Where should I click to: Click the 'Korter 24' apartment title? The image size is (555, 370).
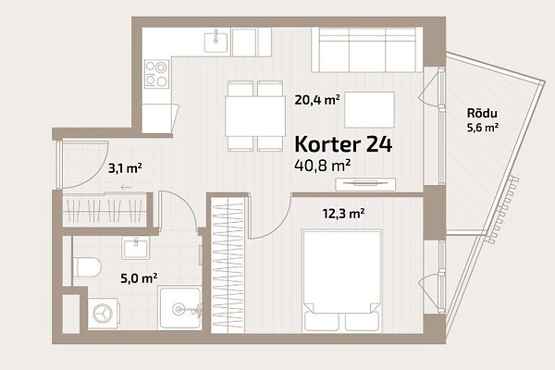pos(343,144)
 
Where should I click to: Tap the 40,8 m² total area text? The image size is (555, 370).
pos(323,166)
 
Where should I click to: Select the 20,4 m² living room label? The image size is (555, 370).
pos(317,100)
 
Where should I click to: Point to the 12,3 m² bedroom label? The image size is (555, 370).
pos(343,214)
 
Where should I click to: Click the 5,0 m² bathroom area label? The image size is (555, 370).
pos(139,278)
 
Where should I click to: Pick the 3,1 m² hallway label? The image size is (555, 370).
pos(125,168)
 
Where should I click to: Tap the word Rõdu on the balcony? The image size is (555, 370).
pos(482,113)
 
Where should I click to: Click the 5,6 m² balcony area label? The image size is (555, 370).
pos(483,128)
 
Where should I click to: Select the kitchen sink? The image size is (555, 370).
pos(216,41)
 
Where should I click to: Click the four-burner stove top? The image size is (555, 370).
pos(156,74)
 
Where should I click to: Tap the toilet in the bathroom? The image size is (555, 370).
pos(87,267)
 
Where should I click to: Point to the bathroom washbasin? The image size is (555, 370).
pos(136,248)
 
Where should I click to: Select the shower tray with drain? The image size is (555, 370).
pos(180,308)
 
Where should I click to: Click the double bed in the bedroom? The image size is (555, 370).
pos(342,281)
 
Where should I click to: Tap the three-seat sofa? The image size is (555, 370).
pos(367,50)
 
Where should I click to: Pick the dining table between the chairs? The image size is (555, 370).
pos(255,117)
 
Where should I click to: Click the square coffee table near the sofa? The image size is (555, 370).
pos(369,109)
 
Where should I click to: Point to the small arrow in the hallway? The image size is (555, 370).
pos(126,187)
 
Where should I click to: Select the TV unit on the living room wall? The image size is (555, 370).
pos(365,183)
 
